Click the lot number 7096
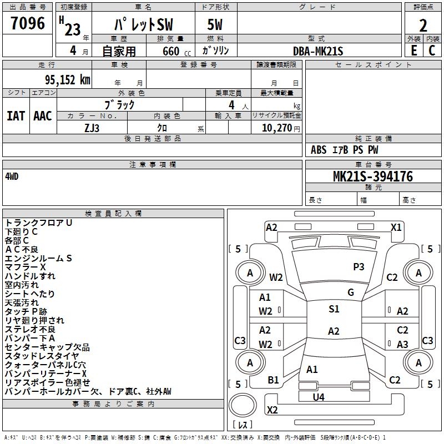point(28,24)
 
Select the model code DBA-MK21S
point(318,51)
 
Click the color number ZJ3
point(92,127)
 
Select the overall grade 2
point(423,25)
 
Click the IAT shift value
point(16,115)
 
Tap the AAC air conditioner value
point(42,115)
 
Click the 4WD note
point(12,176)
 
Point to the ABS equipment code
point(319,150)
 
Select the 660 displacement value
point(170,51)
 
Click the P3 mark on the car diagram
point(359,267)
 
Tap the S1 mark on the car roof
point(334,309)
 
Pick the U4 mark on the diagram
point(318,397)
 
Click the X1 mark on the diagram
point(396,227)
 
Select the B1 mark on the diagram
point(273,380)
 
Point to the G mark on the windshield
point(350,292)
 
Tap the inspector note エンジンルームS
point(38,258)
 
